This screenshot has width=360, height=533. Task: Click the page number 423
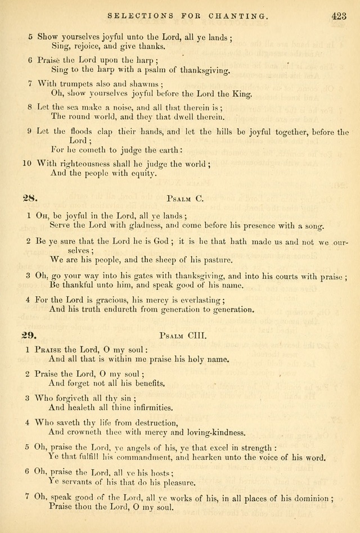pyautogui.click(x=339, y=17)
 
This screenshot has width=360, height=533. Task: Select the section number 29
pyautogui.click(x=29, y=335)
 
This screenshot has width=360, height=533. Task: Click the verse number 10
pyautogui.click(x=26, y=164)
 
